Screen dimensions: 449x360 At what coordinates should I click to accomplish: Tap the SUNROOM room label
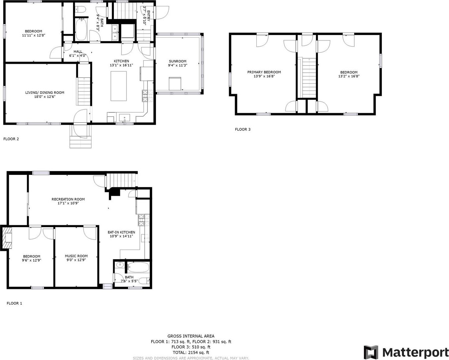pos(178,61)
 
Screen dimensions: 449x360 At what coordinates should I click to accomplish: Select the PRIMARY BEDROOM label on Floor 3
pos(264,72)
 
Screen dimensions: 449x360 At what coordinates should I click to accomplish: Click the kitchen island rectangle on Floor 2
pos(119,86)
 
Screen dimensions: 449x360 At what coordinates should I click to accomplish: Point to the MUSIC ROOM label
pos(76,256)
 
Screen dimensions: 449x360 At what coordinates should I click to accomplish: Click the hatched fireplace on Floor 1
pos(7,238)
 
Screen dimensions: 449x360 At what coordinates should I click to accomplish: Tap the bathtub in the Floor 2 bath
pos(81,30)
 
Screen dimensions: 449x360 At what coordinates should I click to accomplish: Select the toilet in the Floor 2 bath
pos(81,9)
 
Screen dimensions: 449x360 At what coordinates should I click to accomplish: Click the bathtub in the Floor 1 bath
pos(138,267)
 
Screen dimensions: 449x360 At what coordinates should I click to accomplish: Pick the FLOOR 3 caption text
pos(243,129)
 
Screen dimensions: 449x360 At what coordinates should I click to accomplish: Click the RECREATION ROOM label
pos(68,199)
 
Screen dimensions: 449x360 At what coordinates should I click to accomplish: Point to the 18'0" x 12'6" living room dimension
pos(45,96)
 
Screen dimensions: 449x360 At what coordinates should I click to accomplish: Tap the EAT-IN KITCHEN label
pos(121,232)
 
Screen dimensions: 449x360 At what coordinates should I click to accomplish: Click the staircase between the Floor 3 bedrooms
pos(309,78)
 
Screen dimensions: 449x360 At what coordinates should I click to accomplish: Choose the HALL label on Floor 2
pos(78,51)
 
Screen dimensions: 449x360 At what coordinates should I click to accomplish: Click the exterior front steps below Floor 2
pos(80,142)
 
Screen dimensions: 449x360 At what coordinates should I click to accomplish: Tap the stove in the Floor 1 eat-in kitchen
pos(144,220)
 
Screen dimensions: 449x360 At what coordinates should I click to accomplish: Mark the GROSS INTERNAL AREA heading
pos(191,336)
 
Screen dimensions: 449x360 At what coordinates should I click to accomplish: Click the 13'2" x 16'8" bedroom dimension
pos(349,76)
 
